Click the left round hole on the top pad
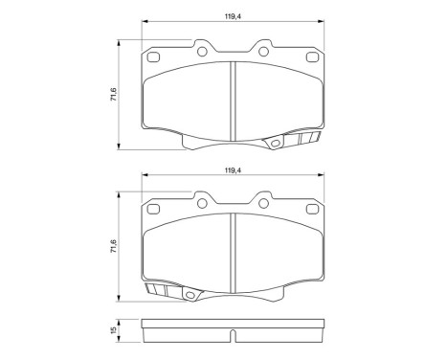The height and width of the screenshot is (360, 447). pyautogui.click(x=202, y=52)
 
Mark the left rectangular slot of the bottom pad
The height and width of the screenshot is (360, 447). pyautogui.click(x=153, y=210)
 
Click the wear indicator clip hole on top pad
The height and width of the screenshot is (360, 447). pyautogui.click(x=277, y=146)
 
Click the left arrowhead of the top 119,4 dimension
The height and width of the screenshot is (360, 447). pyautogui.click(x=145, y=24)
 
